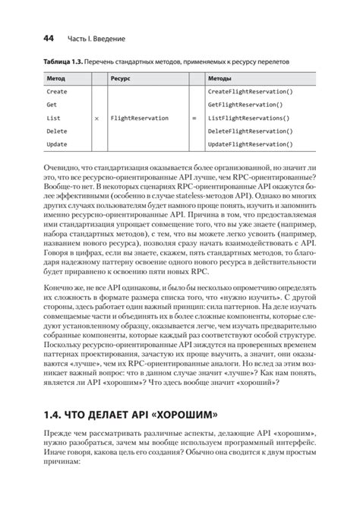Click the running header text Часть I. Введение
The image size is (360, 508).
[96, 37]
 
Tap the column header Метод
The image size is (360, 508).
[56, 77]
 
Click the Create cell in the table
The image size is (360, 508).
[58, 91]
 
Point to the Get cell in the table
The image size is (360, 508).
[52, 105]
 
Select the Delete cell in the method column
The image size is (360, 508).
[58, 131]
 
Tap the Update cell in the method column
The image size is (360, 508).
[58, 144]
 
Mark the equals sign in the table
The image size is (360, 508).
[194, 118]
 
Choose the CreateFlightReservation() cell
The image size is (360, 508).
[249, 91]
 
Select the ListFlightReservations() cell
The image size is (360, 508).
[248, 118]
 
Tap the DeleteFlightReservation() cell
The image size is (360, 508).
[249, 131]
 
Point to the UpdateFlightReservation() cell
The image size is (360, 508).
[249, 144]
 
